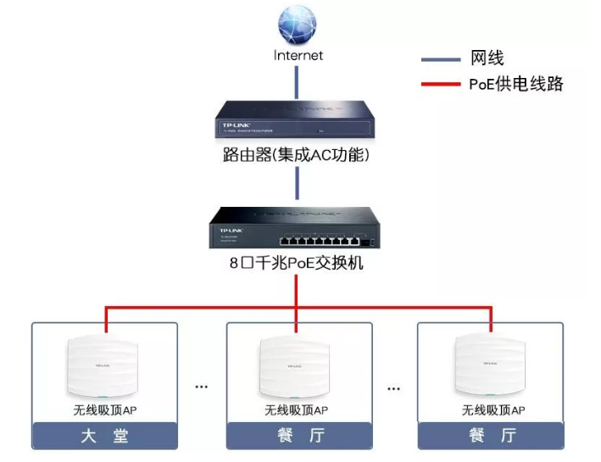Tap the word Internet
pyautogui.click(x=298, y=55)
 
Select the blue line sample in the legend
pyautogui.click(x=441, y=59)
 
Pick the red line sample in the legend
pyautogui.click(x=441, y=83)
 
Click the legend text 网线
pyautogui.click(x=487, y=58)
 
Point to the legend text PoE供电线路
pyautogui.click(x=515, y=83)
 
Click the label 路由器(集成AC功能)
pyautogui.click(x=298, y=156)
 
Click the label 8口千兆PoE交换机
pyautogui.click(x=297, y=263)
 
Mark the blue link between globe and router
pyautogui.click(x=297, y=81)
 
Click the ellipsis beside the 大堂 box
pyautogui.click(x=202, y=387)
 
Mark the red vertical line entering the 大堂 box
pyautogui.click(x=105, y=320)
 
